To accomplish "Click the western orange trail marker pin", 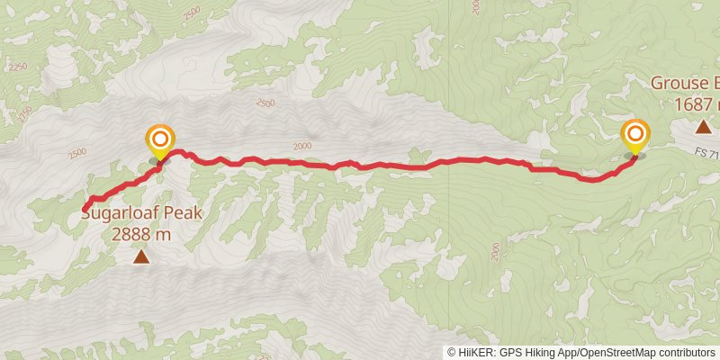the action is click(160, 140).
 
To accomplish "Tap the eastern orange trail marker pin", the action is click(635, 135).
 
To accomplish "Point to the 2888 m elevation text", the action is click(141, 234).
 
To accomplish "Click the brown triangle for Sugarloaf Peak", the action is click(141, 258).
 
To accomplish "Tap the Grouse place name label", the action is click(684, 84).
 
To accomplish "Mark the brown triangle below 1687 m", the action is click(702, 128).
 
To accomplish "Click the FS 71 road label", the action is click(707, 155).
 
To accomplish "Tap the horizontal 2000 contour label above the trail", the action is click(301, 146).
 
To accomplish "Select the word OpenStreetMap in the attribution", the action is click(616, 352).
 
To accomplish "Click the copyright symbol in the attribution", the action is click(453, 352).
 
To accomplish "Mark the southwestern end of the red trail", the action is click(85, 210).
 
